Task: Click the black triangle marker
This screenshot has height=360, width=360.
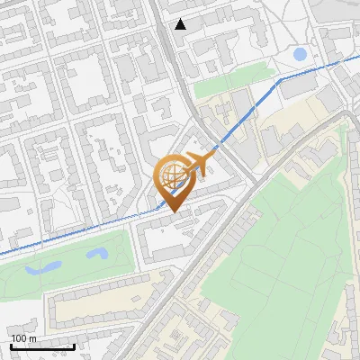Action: (x=181, y=23)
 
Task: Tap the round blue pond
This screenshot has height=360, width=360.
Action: (x=300, y=55)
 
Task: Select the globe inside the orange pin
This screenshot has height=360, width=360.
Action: (x=171, y=178)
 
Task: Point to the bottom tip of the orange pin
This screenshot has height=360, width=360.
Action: (x=172, y=212)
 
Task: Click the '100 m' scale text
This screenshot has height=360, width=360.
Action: (x=23, y=338)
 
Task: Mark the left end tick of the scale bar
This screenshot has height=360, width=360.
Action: (x=11, y=346)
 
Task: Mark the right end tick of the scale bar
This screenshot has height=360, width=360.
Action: (x=74, y=346)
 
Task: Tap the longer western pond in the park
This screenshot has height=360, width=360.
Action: (x=42, y=267)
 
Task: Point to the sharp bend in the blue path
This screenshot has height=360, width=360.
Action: (x=280, y=79)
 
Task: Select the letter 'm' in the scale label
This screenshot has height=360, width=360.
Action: (x=32, y=338)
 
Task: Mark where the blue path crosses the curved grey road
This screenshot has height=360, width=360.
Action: (x=217, y=147)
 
